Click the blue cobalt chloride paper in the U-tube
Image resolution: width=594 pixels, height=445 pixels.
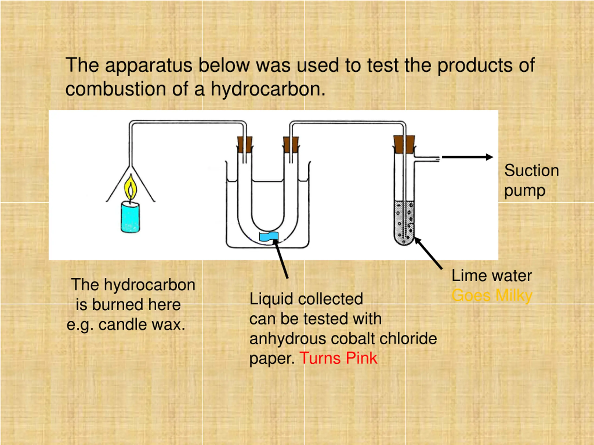point(268,237)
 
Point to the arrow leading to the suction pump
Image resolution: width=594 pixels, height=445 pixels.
point(467,157)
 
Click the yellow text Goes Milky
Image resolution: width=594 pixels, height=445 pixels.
point(492,296)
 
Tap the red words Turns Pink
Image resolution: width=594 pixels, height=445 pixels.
point(338,358)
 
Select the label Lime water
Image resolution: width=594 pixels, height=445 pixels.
point(491,276)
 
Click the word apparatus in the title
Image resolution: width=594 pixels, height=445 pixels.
point(148,65)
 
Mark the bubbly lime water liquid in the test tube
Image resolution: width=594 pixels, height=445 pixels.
point(404,223)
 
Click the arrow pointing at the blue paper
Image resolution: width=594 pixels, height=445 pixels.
point(281,259)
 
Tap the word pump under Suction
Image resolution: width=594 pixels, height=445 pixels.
point(525,191)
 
